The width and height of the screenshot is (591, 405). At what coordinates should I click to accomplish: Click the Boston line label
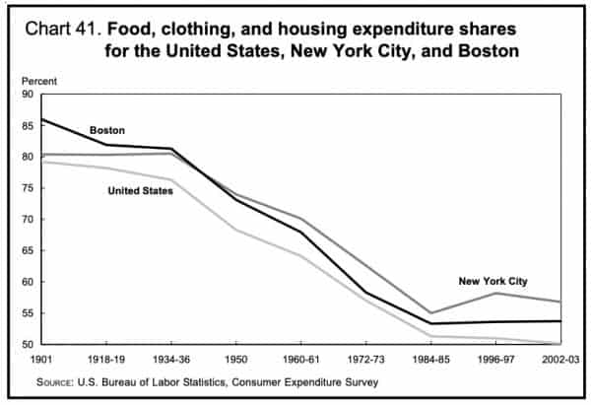(x=108, y=130)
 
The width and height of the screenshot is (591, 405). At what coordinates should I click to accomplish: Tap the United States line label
(x=140, y=191)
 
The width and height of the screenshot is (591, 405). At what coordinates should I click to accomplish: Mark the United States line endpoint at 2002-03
(x=561, y=344)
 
